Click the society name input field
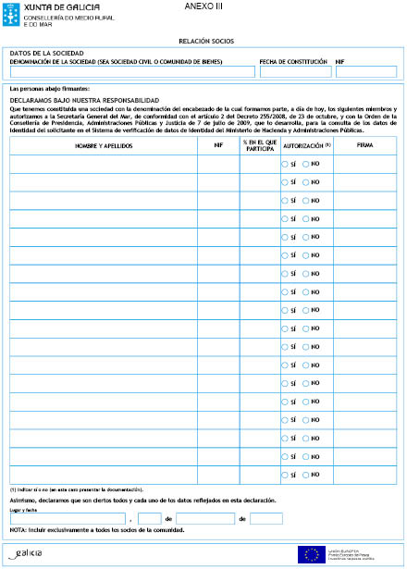pos(131,71)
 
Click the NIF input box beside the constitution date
pos(365,71)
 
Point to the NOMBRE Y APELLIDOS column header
pos(103,145)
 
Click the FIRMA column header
pos(364,145)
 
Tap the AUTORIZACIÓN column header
pos(304,145)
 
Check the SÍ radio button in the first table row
pos(285,163)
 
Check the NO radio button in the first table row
pos(306,163)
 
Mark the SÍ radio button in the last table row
pos(285,473)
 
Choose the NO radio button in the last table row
pos(306,473)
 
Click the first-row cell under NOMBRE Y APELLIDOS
pos(103,164)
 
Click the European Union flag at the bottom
pos(310,553)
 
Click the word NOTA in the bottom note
pos(18,530)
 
